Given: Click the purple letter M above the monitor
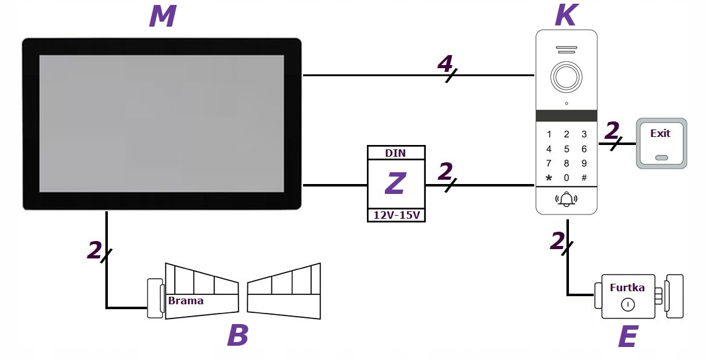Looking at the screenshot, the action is tap(162, 17).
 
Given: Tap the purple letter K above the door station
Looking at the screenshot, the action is tap(565, 15).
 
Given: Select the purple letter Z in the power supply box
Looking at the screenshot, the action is tap(395, 183).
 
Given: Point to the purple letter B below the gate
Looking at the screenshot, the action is tap(237, 336).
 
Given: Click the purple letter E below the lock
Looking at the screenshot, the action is tap(627, 338).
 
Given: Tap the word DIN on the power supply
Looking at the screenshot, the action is tap(396, 153).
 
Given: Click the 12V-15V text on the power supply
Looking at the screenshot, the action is tap(396, 215).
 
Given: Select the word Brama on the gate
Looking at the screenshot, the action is tap(186, 301).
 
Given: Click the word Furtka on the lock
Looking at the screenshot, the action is tap(627, 288).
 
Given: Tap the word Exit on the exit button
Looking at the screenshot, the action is tap(660, 133).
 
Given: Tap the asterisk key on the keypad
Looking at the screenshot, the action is tap(548, 178).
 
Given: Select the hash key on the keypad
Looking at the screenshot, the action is tap(584, 178).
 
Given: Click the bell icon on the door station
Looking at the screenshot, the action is tap(566, 200).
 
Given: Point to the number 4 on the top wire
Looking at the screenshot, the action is tap(444, 63).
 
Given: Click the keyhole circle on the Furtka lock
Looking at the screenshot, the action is tap(627, 304).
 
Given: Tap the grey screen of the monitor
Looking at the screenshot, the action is tap(162, 123).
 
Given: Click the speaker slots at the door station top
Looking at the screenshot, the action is tap(566, 50).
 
